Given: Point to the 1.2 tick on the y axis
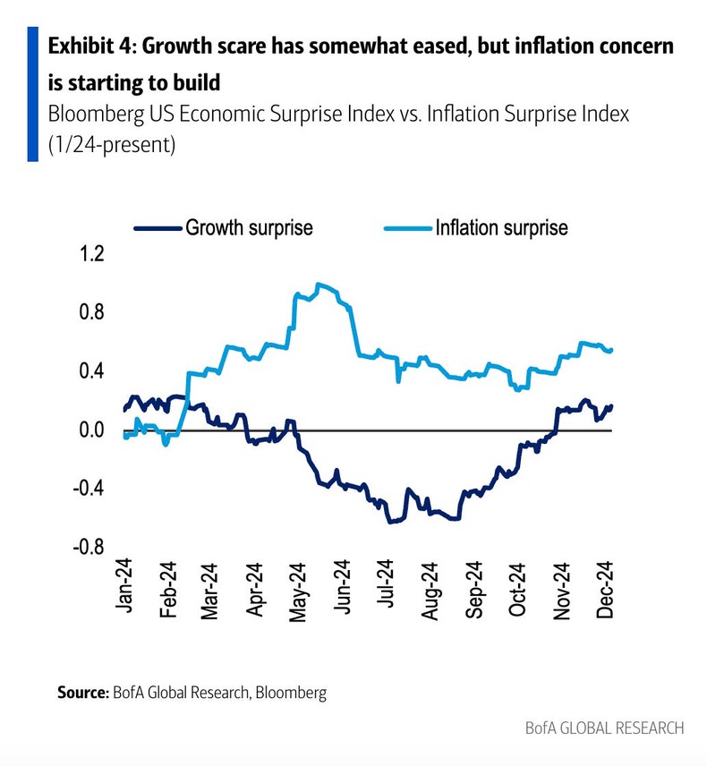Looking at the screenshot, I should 92,254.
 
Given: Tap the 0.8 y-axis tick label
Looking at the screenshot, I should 92,312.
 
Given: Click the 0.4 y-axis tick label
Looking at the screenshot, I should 92,370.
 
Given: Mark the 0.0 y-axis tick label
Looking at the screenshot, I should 92,430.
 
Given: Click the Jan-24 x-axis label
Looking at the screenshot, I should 124,589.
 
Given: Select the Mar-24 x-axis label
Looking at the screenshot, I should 211,589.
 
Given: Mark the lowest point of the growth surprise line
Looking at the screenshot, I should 391,521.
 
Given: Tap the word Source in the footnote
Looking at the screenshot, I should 82,692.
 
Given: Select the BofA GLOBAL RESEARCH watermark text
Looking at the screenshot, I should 604,728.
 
